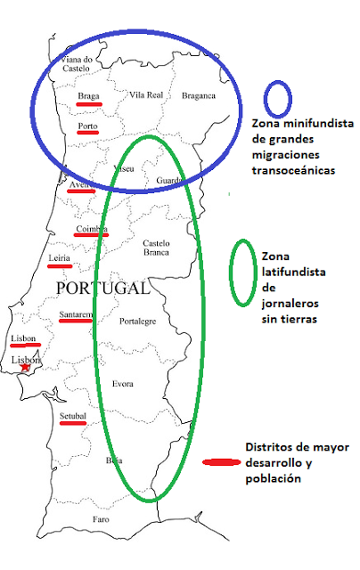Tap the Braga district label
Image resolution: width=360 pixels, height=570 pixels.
tap(88, 95)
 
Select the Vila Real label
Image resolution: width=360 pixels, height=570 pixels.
tap(147, 94)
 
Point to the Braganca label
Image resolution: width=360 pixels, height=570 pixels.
tap(198, 95)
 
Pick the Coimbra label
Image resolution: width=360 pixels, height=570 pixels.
tap(91, 228)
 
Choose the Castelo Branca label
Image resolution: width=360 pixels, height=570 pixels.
tap(156, 247)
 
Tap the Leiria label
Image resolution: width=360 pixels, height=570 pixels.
tap(60, 258)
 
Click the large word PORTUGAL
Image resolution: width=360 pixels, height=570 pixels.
tap(102, 289)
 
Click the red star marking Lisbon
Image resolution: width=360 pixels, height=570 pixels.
tap(26, 367)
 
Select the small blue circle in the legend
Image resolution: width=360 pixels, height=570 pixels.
tap(279, 96)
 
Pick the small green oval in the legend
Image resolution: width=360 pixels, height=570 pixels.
tap(243, 272)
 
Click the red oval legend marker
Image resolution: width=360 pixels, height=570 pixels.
tap(221, 462)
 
